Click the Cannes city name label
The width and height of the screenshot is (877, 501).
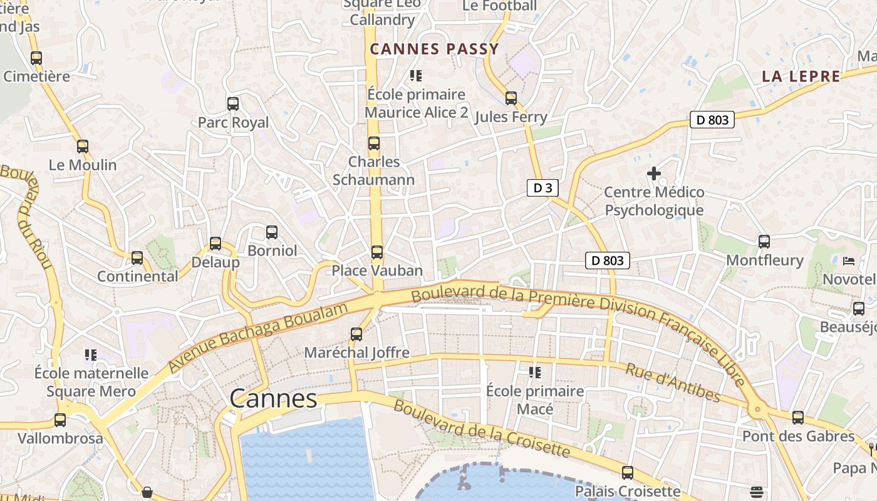pos(273,398)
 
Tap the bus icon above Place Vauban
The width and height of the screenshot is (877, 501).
pos(376,252)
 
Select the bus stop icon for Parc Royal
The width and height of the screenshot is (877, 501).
pos(233,104)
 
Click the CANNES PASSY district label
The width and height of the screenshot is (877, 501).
pos(434,49)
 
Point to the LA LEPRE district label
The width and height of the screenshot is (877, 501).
pos(801,76)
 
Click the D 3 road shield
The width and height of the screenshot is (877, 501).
pos(542,188)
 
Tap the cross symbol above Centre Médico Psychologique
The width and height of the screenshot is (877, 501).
pos(654,173)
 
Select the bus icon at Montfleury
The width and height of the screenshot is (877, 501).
pos(764,242)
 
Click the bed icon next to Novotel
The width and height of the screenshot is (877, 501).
pos(849,261)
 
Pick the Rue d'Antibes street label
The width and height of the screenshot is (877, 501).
pos(673,382)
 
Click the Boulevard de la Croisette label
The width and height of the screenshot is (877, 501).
pos(482,429)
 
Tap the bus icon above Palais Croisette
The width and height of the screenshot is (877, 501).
pos(628,473)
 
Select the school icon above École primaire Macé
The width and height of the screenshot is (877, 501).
pos(535,373)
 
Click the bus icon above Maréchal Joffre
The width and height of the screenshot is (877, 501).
pos(356,334)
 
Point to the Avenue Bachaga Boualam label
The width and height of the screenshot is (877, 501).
pos(257,338)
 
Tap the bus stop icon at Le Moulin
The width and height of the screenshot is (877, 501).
pos(83,147)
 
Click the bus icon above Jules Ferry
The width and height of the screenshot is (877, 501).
pos(511,98)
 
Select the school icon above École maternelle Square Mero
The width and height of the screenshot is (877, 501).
pos(91,355)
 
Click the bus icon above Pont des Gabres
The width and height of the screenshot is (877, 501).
pos(798,418)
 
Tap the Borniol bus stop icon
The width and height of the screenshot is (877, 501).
pos(272,232)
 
